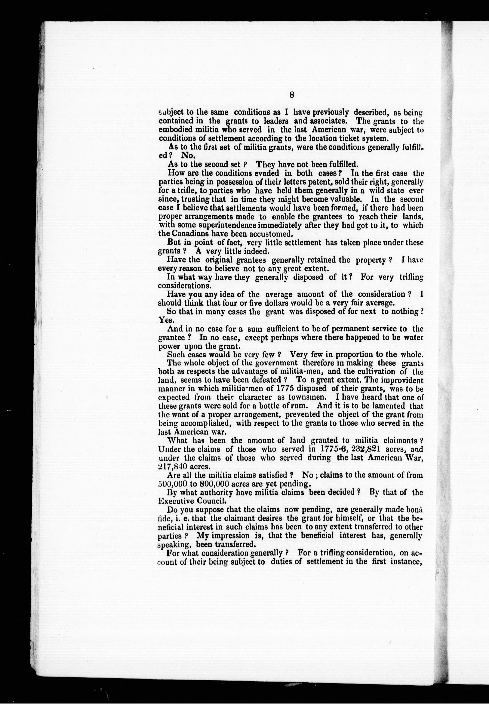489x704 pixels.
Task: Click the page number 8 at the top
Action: click(291, 95)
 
